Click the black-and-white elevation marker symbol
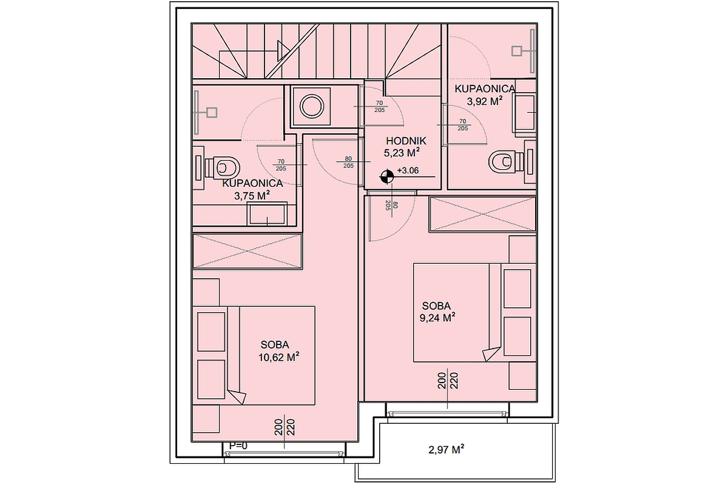tap(386, 176)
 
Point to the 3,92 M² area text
tap(484, 102)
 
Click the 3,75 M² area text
tap(251, 195)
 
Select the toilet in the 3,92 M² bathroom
tap(504, 161)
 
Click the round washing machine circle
tap(312, 107)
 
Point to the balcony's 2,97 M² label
tap(447, 449)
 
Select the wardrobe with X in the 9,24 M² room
tap(482, 214)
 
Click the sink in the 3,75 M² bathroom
tap(267, 214)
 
